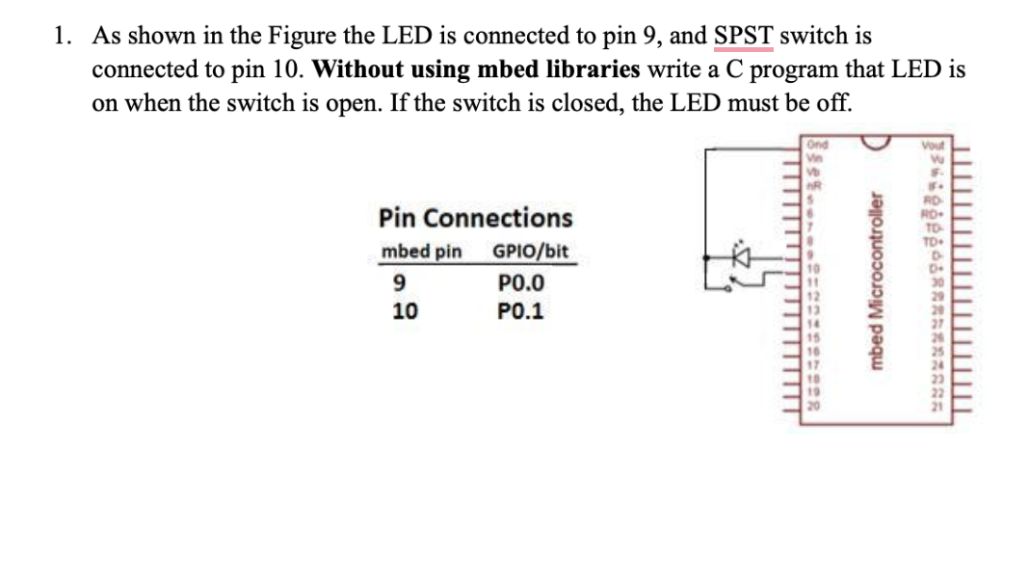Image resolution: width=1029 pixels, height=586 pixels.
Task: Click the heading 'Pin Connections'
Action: click(x=475, y=218)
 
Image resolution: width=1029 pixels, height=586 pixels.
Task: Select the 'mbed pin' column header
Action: click(x=422, y=253)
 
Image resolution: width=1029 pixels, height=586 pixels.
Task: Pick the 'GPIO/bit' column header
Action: click(x=530, y=253)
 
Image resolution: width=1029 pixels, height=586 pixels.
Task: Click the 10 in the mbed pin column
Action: click(x=405, y=311)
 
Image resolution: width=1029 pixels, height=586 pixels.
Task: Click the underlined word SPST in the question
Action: click(x=744, y=37)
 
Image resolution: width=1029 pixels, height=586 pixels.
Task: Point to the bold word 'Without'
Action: click(x=356, y=69)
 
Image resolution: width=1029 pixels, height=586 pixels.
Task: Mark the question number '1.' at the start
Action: click(x=64, y=37)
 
